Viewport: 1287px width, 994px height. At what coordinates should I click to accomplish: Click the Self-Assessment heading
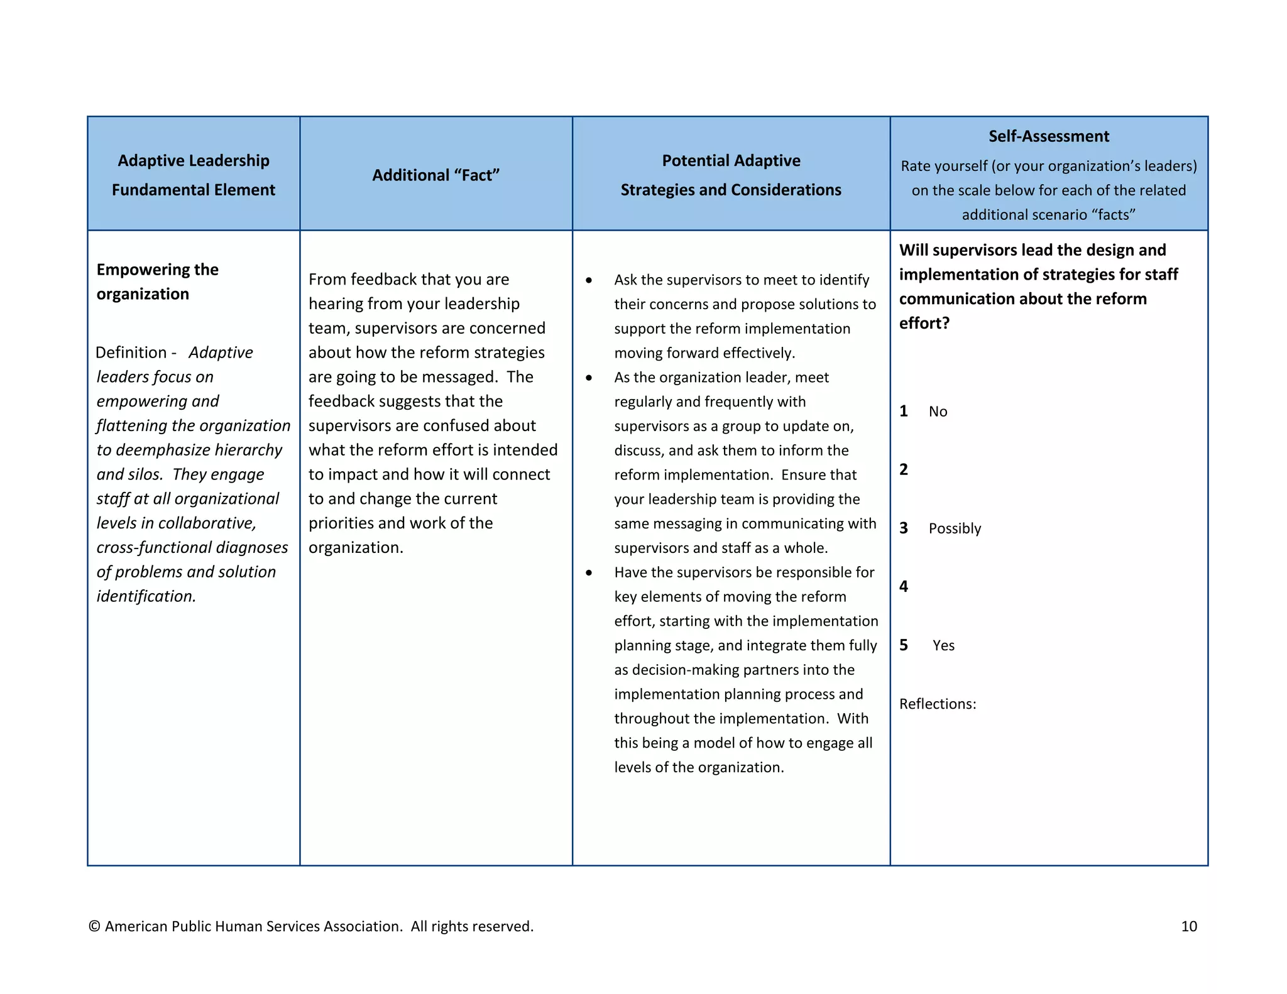(x=1048, y=136)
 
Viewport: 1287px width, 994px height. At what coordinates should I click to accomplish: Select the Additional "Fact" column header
(x=435, y=175)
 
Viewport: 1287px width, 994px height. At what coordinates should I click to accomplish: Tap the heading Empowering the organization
(x=157, y=281)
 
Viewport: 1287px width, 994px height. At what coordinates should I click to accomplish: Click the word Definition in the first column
(x=131, y=352)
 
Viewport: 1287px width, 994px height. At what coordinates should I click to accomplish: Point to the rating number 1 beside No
(x=903, y=411)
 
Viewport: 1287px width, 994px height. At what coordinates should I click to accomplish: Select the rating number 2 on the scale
(x=903, y=469)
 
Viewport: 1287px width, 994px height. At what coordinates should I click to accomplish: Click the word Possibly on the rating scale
(x=954, y=528)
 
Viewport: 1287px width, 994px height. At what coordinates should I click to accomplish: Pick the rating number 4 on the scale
(x=903, y=586)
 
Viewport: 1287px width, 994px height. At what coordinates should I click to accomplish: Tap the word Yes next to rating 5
(x=943, y=645)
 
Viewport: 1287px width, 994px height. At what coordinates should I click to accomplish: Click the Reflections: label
(x=937, y=704)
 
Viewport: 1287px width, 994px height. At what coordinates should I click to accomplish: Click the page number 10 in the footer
(x=1188, y=926)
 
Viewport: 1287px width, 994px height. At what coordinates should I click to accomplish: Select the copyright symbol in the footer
(x=94, y=926)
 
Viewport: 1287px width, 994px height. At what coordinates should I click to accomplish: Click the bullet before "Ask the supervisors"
(x=589, y=280)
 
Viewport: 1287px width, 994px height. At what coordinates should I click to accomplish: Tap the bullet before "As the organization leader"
(x=589, y=378)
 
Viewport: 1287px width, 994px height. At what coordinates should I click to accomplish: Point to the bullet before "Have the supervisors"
(x=589, y=572)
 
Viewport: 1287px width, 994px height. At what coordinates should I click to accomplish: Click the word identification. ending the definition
(x=146, y=596)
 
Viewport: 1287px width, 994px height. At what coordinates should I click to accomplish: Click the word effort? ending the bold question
(x=924, y=323)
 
